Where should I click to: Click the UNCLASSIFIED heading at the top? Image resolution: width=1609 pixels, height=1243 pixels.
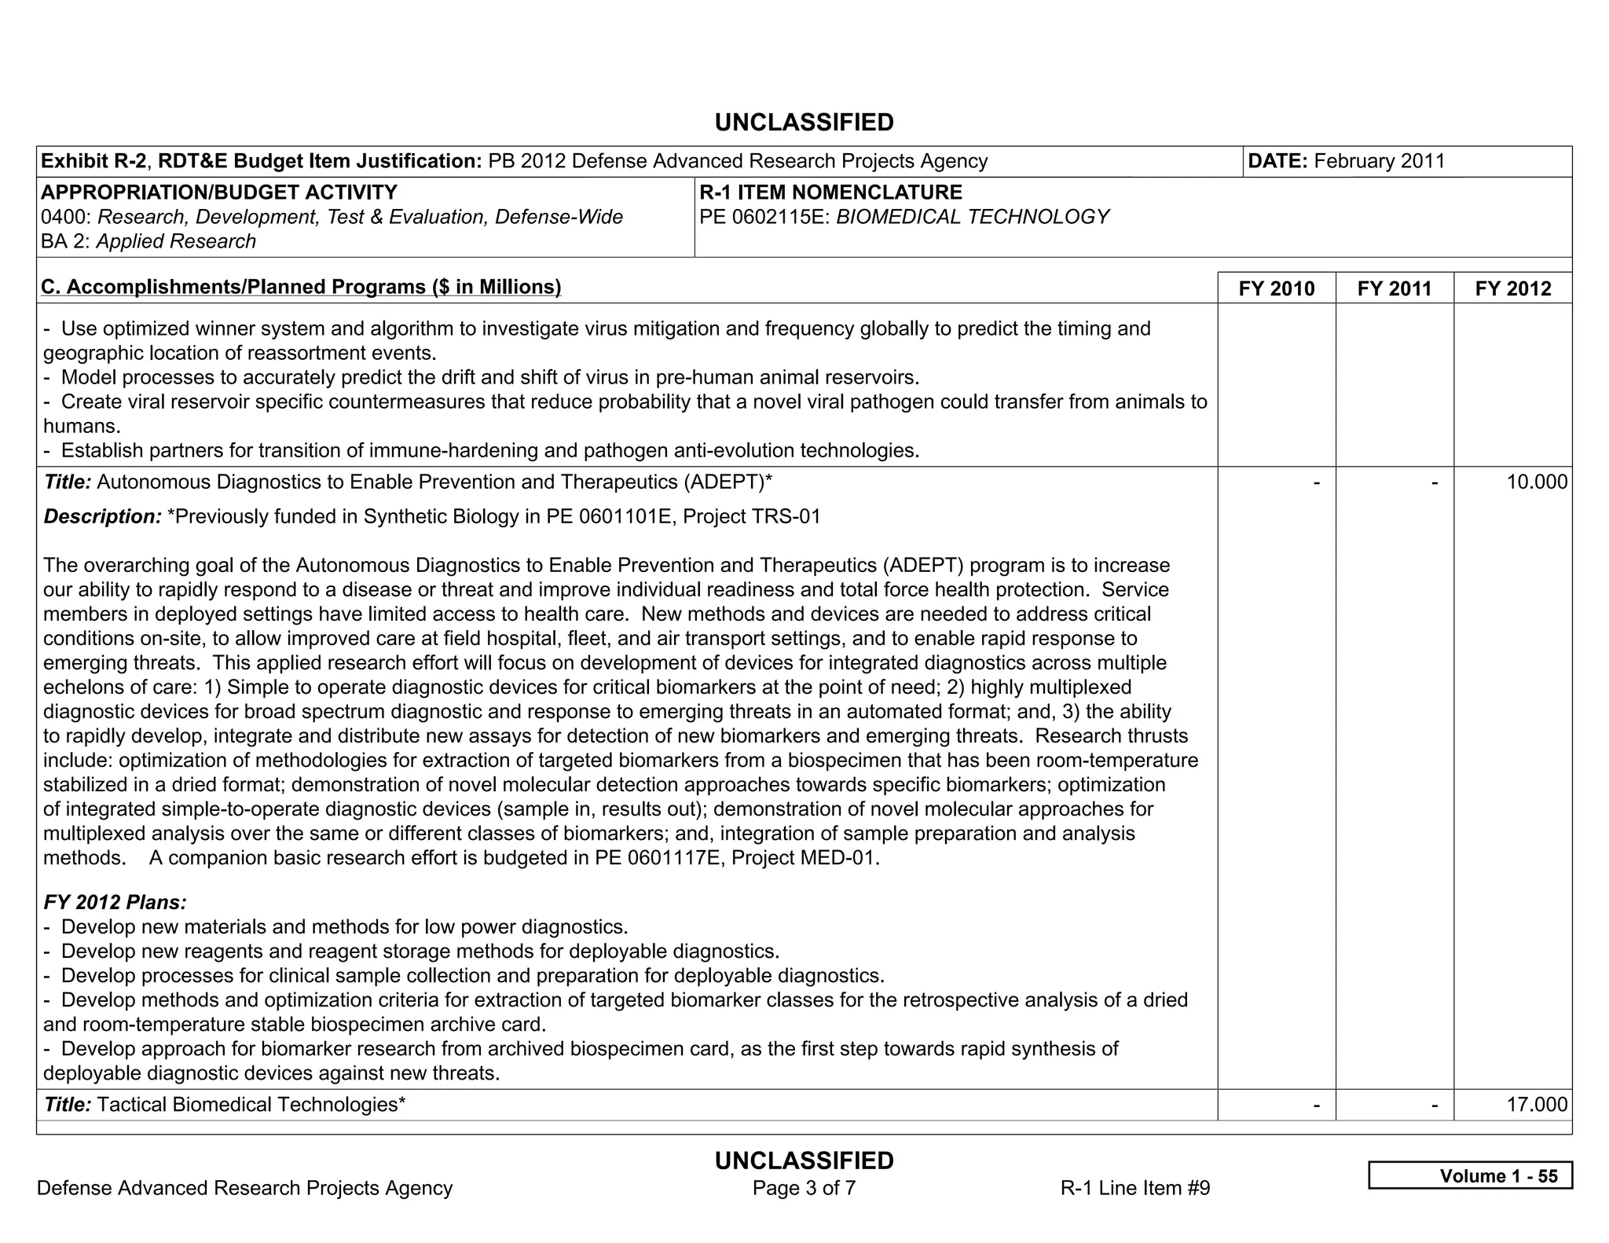[x=804, y=123]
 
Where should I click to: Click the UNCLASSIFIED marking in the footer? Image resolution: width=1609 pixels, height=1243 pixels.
[x=804, y=1160]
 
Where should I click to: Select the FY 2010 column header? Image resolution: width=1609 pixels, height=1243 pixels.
[x=1276, y=288]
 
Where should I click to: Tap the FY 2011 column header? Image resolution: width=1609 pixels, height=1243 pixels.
[x=1395, y=288]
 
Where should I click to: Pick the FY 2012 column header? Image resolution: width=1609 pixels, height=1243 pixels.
[x=1513, y=288]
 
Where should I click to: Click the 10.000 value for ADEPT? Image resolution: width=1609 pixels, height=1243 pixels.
[x=1536, y=482]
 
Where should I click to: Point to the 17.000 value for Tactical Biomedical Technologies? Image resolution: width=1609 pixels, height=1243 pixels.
[x=1536, y=1105]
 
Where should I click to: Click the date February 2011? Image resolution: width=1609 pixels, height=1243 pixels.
[x=1379, y=161]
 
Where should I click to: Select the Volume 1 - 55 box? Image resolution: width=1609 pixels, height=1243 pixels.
[x=1470, y=1175]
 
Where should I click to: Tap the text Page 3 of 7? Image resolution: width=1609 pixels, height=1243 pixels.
[x=804, y=1188]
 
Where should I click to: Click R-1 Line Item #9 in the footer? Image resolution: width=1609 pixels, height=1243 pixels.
[x=1134, y=1188]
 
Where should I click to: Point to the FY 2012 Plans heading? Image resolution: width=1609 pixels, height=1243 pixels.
[x=115, y=903]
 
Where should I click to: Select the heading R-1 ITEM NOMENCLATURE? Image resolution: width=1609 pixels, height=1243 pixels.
[x=830, y=192]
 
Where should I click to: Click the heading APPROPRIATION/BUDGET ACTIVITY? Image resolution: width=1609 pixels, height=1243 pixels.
[x=218, y=192]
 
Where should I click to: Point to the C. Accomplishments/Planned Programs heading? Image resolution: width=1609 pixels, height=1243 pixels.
[x=301, y=288]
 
